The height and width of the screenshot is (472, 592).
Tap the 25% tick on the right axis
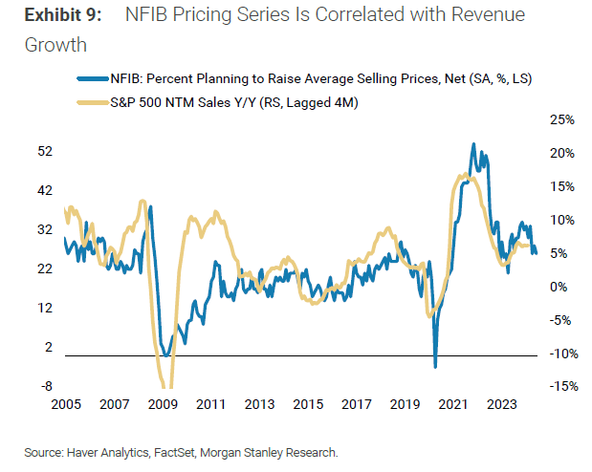561,119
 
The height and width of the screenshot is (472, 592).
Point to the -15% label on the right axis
559,387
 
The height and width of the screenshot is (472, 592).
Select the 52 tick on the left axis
44,152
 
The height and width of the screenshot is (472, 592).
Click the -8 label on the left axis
44,387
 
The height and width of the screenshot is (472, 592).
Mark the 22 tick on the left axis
44,269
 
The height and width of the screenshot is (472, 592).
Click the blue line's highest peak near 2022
473,144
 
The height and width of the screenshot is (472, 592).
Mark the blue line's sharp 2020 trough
435,366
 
